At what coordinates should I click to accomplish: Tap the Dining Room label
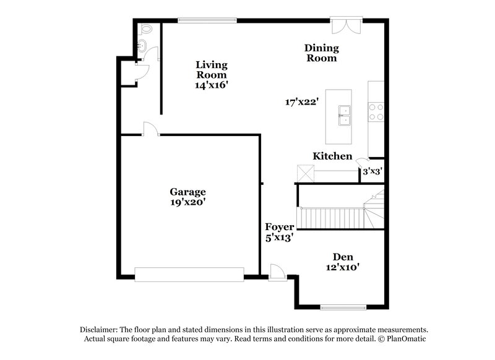click(x=321, y=53)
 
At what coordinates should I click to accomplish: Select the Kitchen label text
click(x=332, y=156)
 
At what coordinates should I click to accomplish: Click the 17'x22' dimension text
click(x=301, y=102)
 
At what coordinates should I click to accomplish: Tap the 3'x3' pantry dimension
click(x=372, y=171)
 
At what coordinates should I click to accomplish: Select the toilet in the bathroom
click(x=146, y=29)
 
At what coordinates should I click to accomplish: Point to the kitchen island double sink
click(x=345, y=115)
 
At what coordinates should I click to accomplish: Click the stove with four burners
click(x=376, y=111)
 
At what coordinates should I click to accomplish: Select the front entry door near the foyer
click(x=278, y=273)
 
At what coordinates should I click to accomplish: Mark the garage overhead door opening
click(x=189, y=274)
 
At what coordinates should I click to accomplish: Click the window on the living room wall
click(x=207, y=20)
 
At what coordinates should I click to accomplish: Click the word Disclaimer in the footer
click(x=100, y=330)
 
